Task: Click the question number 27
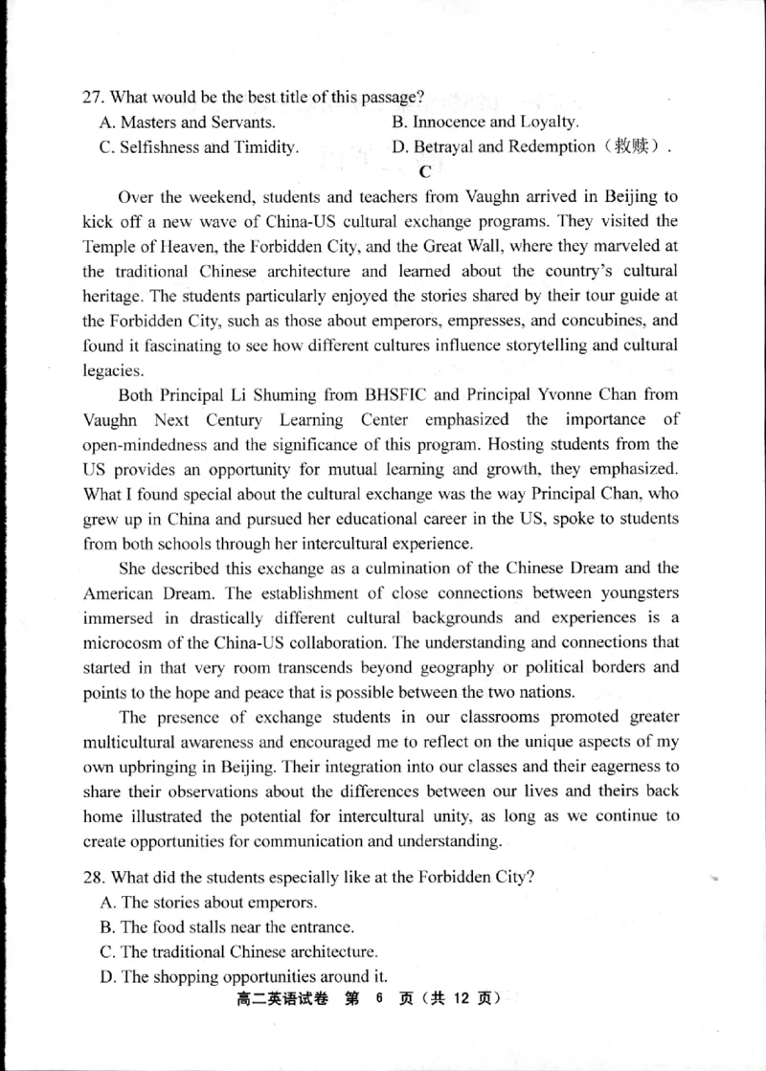93,97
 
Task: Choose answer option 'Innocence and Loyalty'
495,122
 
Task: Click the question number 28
93,878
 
